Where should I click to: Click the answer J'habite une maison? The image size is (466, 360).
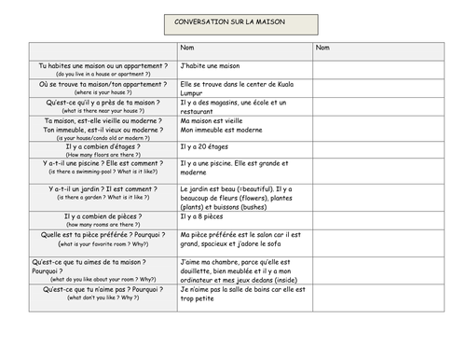click(211, 66)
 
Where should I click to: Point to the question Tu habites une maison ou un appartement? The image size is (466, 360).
click(103, 66)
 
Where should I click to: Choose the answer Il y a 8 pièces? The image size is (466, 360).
click(204, 216)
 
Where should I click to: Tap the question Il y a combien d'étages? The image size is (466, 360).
click(103, 146)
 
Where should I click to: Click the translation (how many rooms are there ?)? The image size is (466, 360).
click(103, 225)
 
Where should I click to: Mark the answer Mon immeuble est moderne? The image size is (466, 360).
click(222, 130)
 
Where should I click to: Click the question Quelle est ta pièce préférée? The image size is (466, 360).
click(103, 234)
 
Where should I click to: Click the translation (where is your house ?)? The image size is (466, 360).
click(103, 93)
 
